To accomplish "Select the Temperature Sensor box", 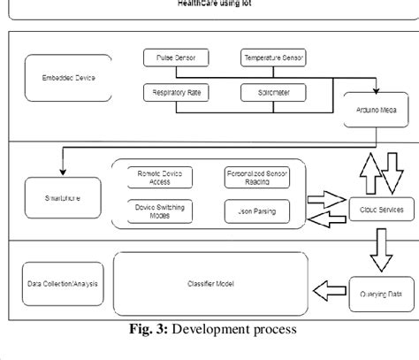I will point(274,59).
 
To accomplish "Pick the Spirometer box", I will point(274,91).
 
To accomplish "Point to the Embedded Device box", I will point(62,77).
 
